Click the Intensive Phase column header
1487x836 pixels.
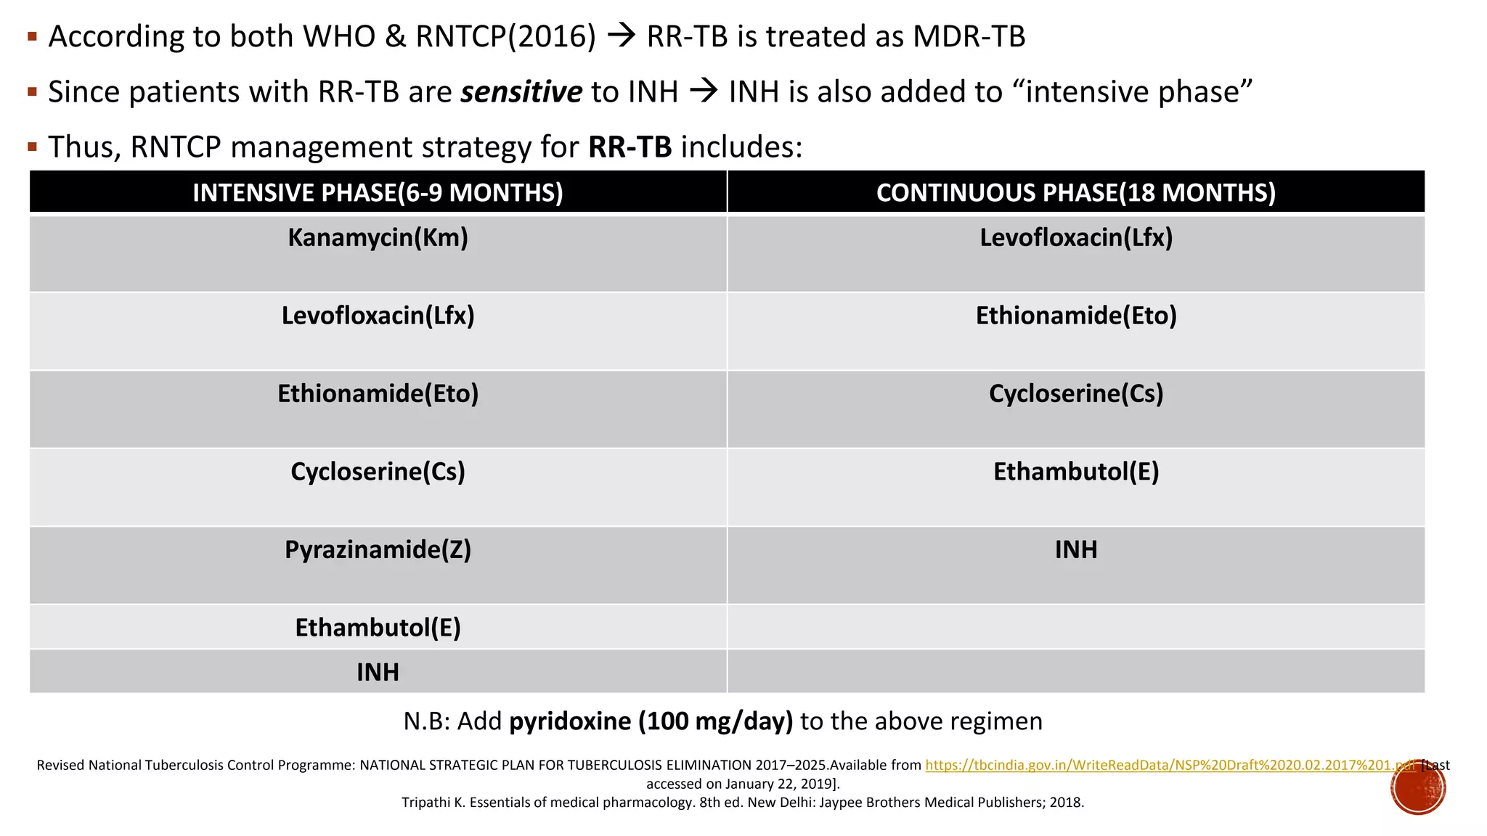point(378,192)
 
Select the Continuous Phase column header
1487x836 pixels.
point(1075,192)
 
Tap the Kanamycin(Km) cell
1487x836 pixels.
point(378,238)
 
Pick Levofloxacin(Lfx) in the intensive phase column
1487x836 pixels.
point(378,316)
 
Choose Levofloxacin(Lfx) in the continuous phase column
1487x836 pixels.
point(1075,238)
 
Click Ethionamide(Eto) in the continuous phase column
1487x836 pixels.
point(1075,316)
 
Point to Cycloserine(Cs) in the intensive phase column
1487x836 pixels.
point(378,472)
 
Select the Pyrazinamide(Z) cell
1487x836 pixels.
point(378,550)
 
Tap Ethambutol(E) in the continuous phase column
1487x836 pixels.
point(1075,472)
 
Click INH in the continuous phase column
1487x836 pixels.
point(1075,550)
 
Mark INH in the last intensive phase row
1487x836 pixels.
point(378,672)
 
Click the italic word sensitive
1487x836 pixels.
point(521,92)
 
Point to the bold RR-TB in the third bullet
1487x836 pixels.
point(630,147)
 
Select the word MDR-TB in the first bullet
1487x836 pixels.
point(969,37)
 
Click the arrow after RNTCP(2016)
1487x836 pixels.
point(622,37)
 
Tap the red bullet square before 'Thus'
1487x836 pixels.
point(32,147)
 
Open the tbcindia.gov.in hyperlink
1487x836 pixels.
point(1169,765)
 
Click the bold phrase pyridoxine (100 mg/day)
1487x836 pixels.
point(651,721)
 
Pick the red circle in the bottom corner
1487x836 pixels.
point(1418,787)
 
